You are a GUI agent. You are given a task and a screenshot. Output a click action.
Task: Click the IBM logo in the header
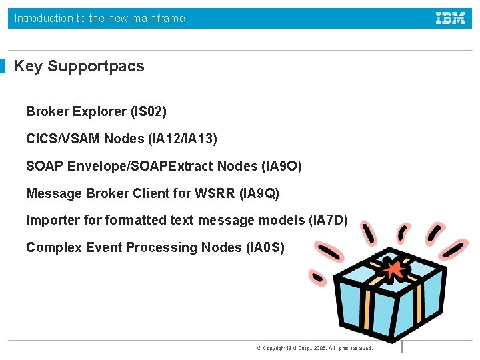(x=451, y=18)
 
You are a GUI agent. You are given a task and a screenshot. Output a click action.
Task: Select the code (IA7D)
(x=329, y=220)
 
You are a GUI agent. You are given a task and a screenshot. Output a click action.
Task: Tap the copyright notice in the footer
(x=314, y=348)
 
